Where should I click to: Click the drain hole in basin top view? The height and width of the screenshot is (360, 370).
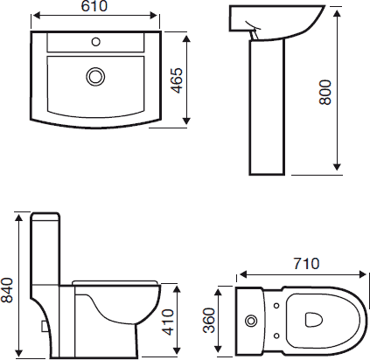coord(94,77)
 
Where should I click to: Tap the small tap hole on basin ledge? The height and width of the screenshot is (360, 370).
coord(94,40)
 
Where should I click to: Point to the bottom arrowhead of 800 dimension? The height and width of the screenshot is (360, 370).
coord(338,167)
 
